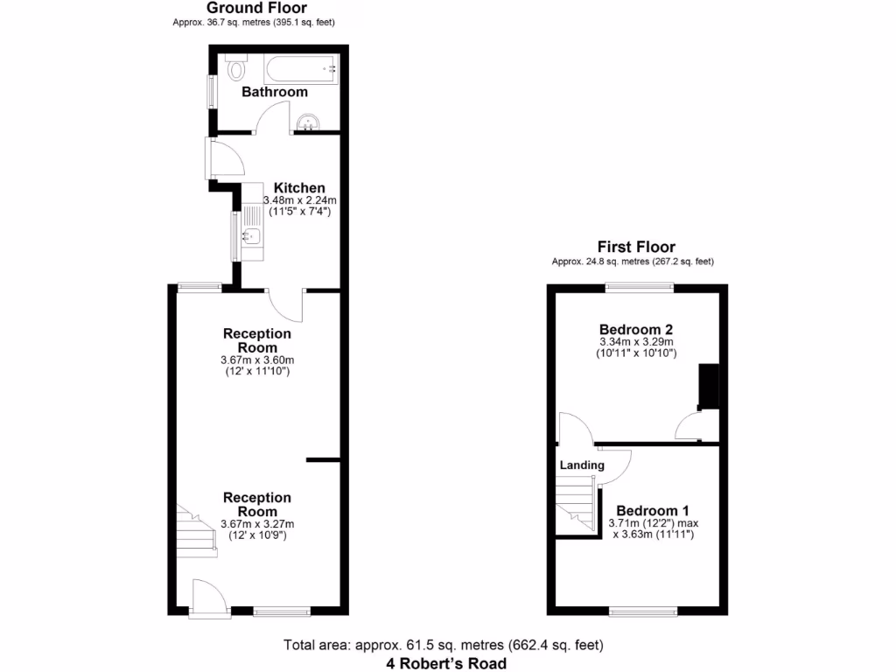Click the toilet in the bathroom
pyautogui.click(x=234, y=67)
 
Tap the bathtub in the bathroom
pyautogui.click(x=301, y=68)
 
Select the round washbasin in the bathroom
pyautogui.click(x=306, y=123)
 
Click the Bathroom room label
pyautogui.click(x=275, y=92)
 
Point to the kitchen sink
pyautogui.click(x=250, y=234)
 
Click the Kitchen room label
pyautogui.click(x=299, y=188)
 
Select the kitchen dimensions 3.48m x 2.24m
pyautogui.click(x=299, y=200)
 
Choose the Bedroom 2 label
pyautogui.click(x=637, y=329)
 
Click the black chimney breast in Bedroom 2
pyautogui.click(x=708, y=387)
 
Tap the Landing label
pyautogui.click(x=582, y=465)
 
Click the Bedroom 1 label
pyautogui.click(x=653, y=511)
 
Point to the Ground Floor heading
pyautogui.click(x=256, y=8)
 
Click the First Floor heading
pyautogui.click(x=636, y=247)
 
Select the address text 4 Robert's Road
pyautogui.click(x=446, y=663)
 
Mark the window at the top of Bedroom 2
pyautogui.click(x=640, y=286)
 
